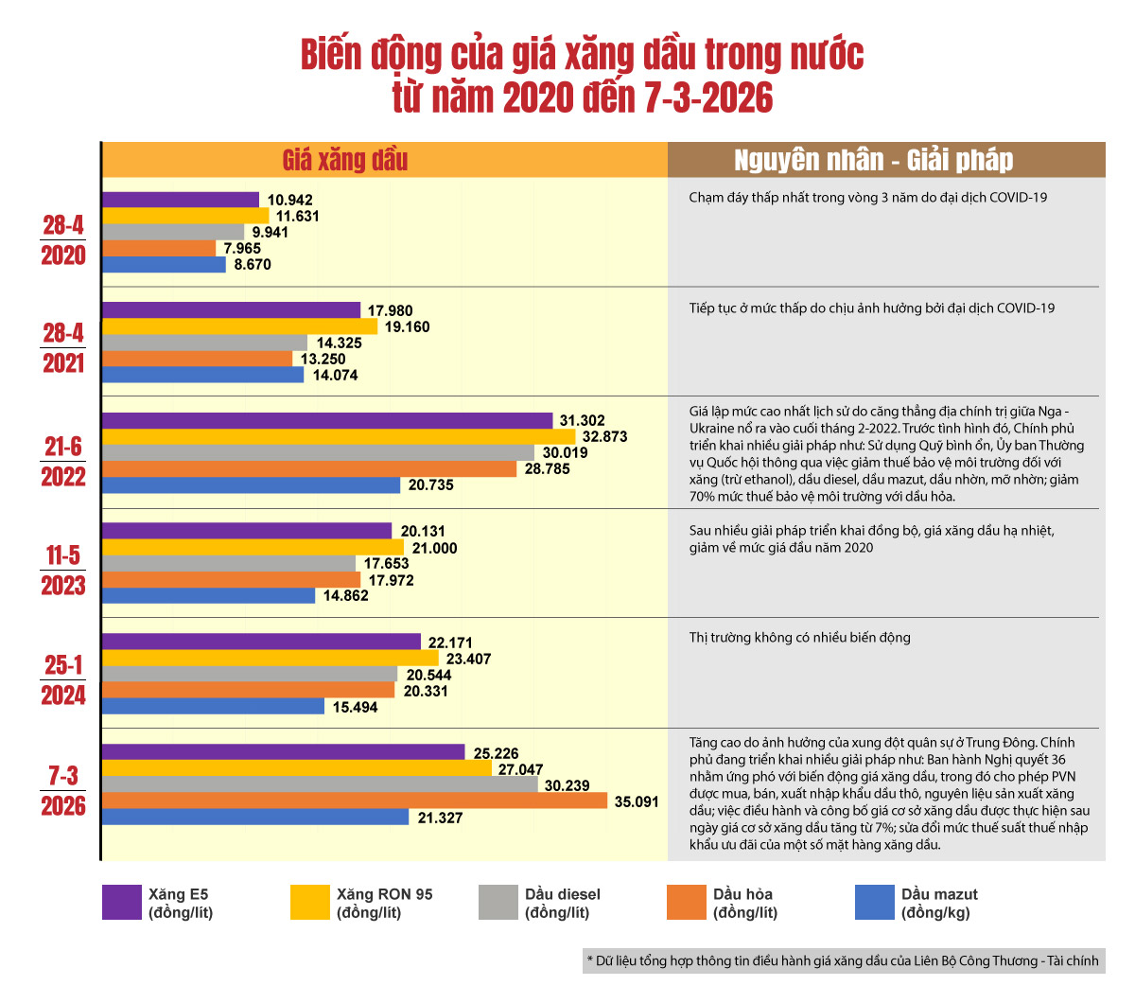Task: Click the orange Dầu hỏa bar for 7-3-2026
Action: [354, 801]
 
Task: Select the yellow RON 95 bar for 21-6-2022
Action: [338, 436]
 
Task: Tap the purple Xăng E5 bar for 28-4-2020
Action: [180, 200]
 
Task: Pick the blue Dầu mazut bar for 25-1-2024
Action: [213, 707]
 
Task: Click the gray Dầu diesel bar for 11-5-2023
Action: [229, 563]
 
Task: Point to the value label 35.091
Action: [637, 801]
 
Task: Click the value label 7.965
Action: [242, 249]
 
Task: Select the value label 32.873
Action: [604, 436]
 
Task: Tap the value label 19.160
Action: [407, 326]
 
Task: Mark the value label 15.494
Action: [355, 707]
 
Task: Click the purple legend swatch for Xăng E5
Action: [121, 903]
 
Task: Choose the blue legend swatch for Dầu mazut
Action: [874, 903]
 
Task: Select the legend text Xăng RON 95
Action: [384, 894]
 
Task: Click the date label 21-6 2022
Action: [63, 461]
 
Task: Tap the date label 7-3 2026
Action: [63, 791]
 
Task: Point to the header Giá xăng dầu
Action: [345, 160]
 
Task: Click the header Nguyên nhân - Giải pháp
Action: [873, 160]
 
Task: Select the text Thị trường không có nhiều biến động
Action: [799, 638]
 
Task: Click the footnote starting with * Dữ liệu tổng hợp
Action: [842, 960]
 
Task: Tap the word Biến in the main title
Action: [332, 55]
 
